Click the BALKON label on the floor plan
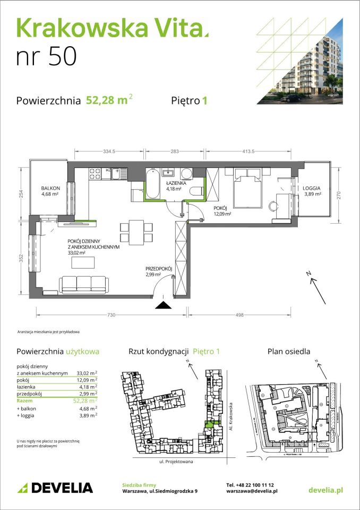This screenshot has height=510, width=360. pyautogui.click(x=51, y=189)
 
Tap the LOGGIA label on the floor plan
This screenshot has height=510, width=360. pyautogui.click(x=312, y=189)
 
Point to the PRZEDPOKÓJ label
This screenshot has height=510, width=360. pyautogui.click(x=159, y=269)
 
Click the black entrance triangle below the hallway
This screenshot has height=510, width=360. pyautogui.click(x=162, y=305)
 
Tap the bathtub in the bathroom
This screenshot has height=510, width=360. pyautogui.click(x=152, y=183)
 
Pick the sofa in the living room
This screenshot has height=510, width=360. pyautogui.click(x=84, y=284)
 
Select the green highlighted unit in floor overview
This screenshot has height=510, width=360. pyautogui.click(x=209, y=423)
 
